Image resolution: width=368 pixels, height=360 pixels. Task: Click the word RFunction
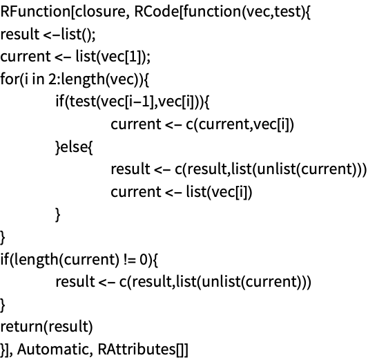(35, 12)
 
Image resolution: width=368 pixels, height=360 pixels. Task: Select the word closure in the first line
(101, 12)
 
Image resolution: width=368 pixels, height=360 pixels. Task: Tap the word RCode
(157, 12)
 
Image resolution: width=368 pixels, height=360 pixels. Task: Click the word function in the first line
(212, 12)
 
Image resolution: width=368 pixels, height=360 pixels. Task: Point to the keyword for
(10, 79)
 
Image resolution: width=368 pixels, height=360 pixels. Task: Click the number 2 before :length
(52, 79)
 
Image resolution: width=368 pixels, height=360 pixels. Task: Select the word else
(75, 146)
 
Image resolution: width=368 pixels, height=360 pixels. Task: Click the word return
(22, 327)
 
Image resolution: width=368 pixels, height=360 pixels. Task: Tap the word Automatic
(52, 349)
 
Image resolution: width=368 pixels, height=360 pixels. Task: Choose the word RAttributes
(137, 349)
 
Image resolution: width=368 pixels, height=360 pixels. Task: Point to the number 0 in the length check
(143, 259)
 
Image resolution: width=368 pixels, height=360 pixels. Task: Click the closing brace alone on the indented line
(58, 215)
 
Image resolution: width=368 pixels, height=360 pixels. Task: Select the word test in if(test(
(83, 102)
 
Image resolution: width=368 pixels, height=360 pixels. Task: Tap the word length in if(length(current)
(36, 260)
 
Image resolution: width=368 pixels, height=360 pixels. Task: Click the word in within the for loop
(38, 79)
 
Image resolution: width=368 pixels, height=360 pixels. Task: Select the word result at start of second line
(20, 34)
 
